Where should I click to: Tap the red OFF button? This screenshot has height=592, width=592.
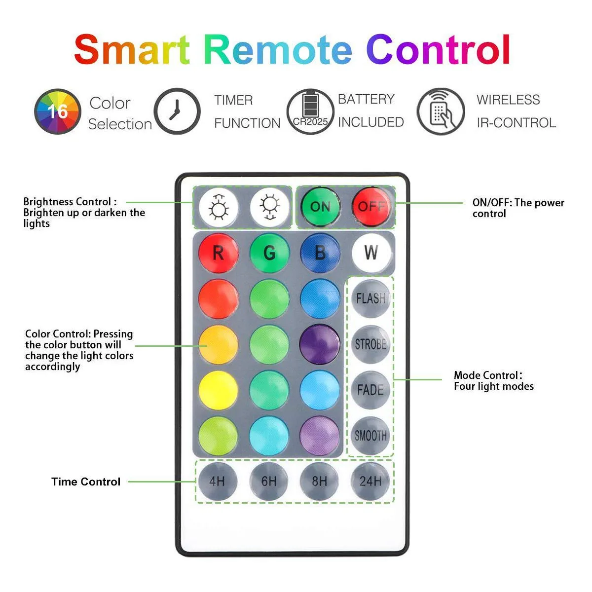pyautogui.click(x=371, y=206)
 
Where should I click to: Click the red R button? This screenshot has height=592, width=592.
pyautogui.click(x=218, y=253)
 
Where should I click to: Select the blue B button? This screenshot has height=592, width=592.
pyautogui.click(x=320, y=253)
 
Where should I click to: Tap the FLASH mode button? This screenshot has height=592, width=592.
pyautogui.click(x=370, y=298)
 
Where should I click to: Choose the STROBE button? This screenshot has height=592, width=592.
pyautogui.click(x=370, y=344)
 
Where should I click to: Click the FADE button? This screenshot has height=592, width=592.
pyautogui.click(x=370, y=390)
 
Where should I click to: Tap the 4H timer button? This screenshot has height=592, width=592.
pyautogui.click(x=218, y=481)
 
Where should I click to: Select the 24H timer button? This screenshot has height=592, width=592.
pyautogui.click(x=370, y=481)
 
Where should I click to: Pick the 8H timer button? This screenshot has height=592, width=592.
pyautogui.click(x=320, y=481)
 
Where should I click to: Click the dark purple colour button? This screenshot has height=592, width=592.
pyautogui.click(x=320, y=344)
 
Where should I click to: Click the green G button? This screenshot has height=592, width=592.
pyautogui.click(x=269, y=253)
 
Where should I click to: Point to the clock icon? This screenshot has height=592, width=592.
pyautogui.click(x=177, y=111)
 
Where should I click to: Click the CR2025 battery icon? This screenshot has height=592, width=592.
pyautogui.click(x=310, y=111)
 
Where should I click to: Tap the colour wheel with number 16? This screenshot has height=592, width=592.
pyautogui.click(x=57, y=111)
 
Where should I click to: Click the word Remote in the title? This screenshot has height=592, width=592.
pyautogui.click(x=278, y=49)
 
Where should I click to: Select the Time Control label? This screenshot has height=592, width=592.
pyautogui.click(x=86, y=482)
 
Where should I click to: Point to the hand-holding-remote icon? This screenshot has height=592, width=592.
pyautogui.click(x=441, y=111)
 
